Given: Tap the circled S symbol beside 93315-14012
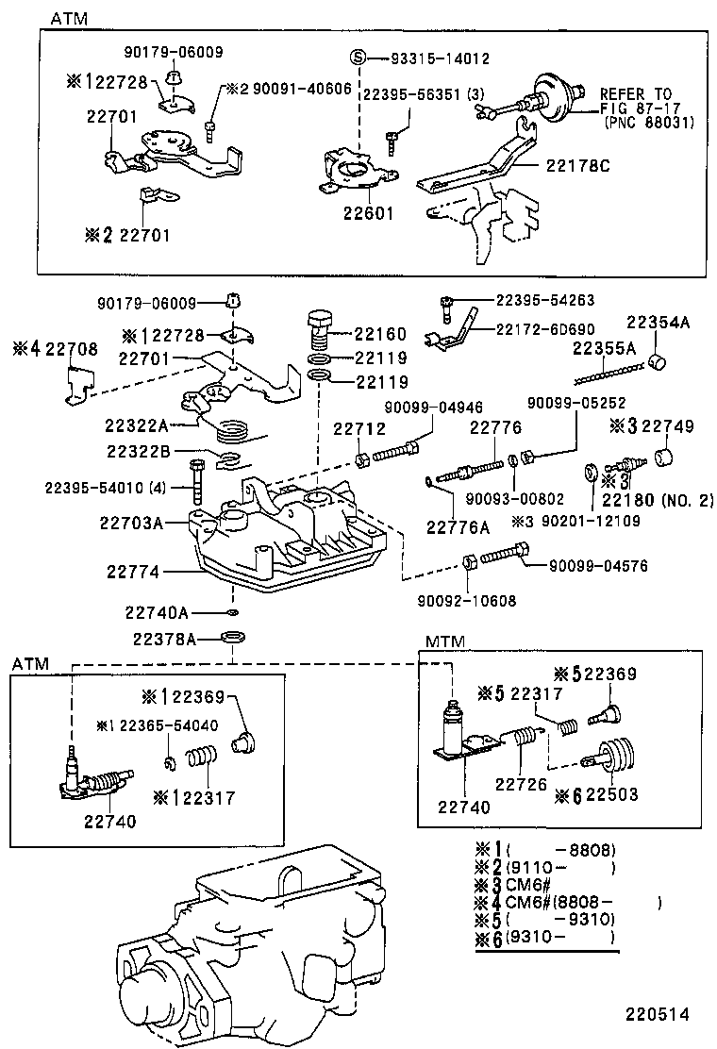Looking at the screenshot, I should tap(358, 58).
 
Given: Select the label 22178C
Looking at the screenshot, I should tap(577, 165).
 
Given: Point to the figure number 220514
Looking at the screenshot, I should tap(656, 1015).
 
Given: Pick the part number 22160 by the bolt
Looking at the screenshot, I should tap(380, 334).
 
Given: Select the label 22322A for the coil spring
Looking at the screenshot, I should tap(137, 425).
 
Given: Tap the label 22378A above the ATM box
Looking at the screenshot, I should tap(164, 639).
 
